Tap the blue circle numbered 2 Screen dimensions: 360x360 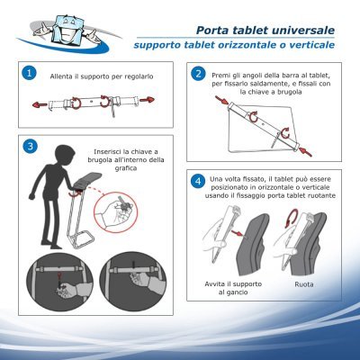tap(198, 74)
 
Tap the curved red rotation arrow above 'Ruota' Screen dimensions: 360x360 tap(293, 218)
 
